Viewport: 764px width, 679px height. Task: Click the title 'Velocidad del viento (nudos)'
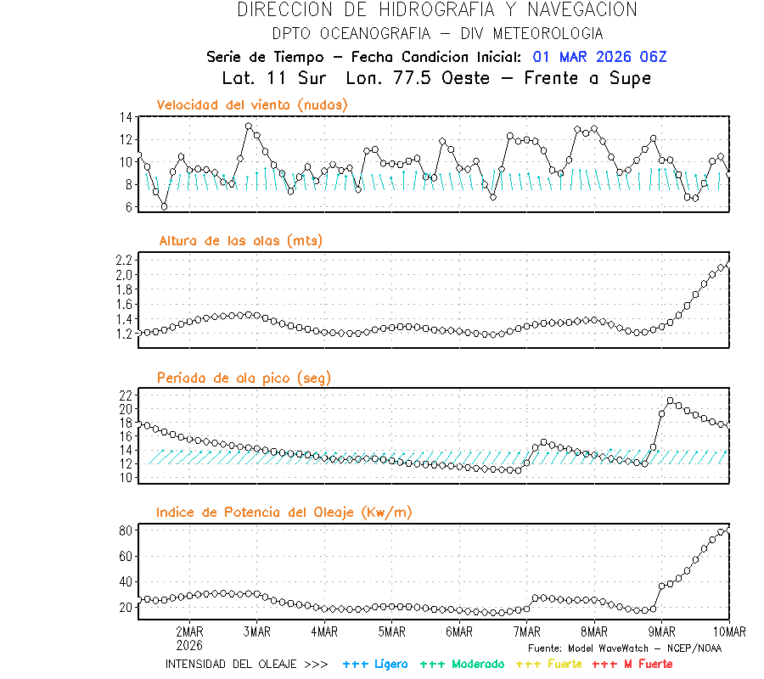tap(252, 105)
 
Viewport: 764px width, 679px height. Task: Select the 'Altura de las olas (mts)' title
tap(241, 241)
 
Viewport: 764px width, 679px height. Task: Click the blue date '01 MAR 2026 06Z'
tap(600, 57)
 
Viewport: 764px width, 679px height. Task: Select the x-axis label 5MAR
tap(391, 631)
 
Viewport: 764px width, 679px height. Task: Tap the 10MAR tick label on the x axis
tap(728, 631)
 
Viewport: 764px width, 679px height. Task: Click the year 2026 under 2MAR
tap(189, 644)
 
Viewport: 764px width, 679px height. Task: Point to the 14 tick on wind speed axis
tap(125, 117)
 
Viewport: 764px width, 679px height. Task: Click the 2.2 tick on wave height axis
tap(123, 260)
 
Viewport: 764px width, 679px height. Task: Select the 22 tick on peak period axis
tap(125, 396)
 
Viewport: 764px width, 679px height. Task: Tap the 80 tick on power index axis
tap(125, 530)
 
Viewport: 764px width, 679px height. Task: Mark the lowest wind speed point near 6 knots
tap(164, 206)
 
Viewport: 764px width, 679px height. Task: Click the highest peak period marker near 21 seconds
tap(671, 401)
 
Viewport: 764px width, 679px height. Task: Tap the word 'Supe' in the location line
tap(631, 78)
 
